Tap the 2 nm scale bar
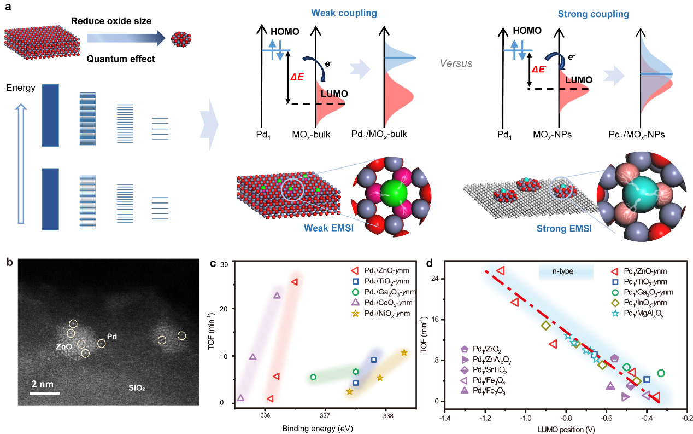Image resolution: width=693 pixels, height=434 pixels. (44, 392)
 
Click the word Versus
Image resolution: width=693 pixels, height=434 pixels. (456, 63)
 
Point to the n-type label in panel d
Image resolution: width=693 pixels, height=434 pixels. (566, 271)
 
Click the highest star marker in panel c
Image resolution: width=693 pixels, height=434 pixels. (404, 353)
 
